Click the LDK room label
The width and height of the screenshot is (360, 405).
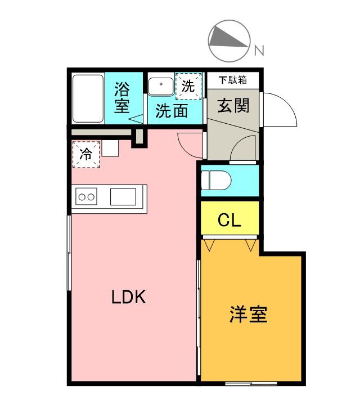point(128,296)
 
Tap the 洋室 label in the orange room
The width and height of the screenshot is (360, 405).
point(248,314)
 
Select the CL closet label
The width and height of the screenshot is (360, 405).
point(229,220)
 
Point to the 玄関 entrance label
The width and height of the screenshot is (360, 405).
point(233,105)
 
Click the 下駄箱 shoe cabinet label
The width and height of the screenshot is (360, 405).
point(233,80)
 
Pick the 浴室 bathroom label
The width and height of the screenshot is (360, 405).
point(122,97)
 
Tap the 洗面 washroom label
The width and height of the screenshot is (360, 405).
point(172,111)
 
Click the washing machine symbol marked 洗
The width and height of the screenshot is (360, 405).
point(188,86)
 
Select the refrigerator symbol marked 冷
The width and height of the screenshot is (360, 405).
point(86,154)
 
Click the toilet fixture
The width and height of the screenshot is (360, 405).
point(216,180)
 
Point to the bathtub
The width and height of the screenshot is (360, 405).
point(88,98)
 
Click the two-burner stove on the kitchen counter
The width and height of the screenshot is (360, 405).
point(86,197)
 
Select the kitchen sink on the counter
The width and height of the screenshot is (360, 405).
point(123,197)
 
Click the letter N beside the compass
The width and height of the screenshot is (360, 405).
point(259,51)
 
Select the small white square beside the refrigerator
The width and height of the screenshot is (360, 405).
point(110,148)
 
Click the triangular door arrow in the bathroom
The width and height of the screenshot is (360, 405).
point(136,119)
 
